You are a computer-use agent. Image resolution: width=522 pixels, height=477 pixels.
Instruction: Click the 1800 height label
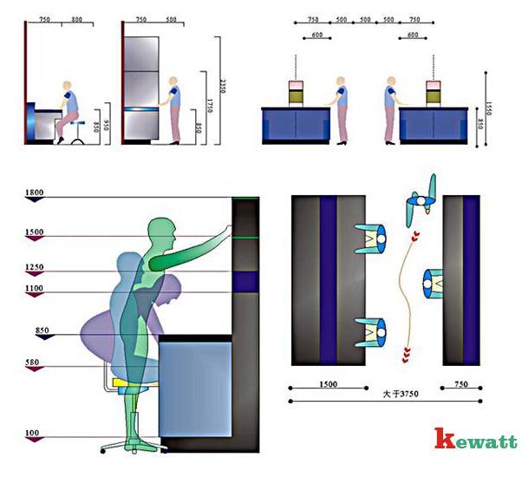(35, 193)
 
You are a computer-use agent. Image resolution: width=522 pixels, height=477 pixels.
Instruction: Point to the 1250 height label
(35, 268)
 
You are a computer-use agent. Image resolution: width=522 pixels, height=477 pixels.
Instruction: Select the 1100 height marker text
(35, 288)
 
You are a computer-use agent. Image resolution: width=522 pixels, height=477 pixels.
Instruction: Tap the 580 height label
(35, 363)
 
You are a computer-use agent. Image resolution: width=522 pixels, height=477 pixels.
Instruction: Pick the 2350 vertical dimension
(223, 88)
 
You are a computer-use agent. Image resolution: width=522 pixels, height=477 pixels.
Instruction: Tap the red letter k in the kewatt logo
(445, 440)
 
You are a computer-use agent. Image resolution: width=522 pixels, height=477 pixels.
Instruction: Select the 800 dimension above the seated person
(76, 19)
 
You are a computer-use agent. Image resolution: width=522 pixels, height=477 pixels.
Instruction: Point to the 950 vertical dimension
(108, 123)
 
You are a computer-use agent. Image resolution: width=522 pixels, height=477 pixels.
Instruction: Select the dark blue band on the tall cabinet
(245, 281)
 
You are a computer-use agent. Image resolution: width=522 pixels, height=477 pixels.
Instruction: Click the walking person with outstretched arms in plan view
(422, 199)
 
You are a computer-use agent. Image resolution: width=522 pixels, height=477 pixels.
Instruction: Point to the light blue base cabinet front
(195, 385)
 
